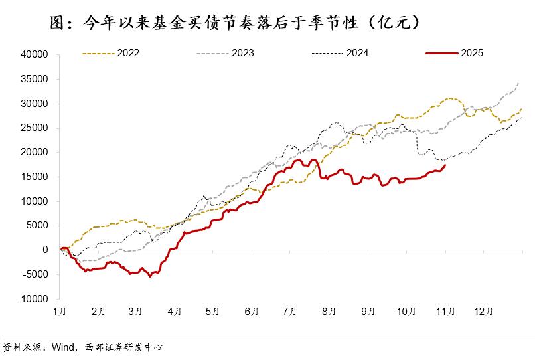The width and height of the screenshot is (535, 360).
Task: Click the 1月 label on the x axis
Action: click(60, 310)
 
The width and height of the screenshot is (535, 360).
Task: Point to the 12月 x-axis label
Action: click(484, 310)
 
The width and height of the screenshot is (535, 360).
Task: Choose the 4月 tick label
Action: click(175, 310)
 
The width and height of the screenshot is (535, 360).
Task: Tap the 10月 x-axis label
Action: click(407, 310)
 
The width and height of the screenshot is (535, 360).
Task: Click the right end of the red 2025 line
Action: click(445, 165)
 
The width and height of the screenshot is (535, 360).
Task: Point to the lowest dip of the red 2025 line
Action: click(150, 276)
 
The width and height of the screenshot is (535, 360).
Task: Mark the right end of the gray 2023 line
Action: click(519, 83)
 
